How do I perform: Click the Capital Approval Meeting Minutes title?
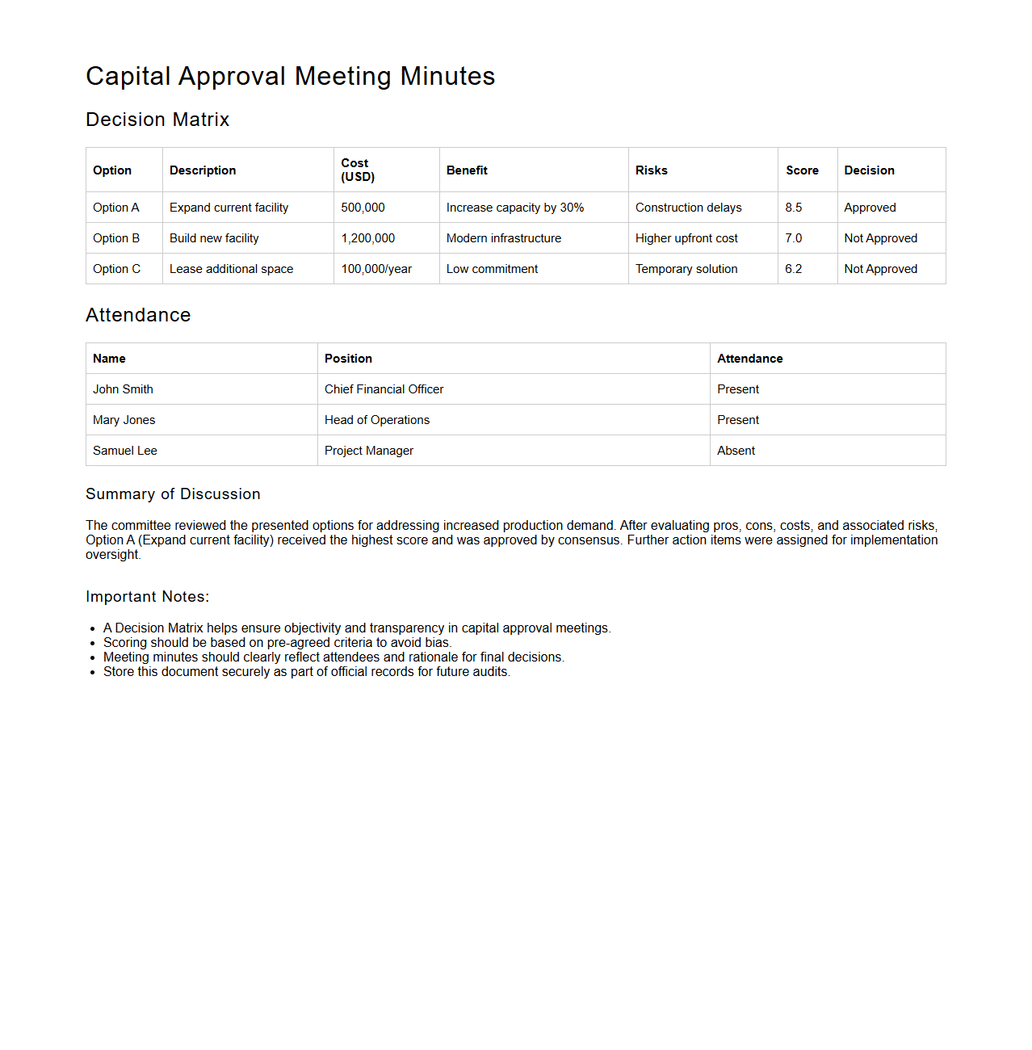pos(290,76)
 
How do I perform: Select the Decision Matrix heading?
pos(157,120)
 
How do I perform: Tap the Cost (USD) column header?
pos(358,170)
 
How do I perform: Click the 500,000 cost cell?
pos(363,208)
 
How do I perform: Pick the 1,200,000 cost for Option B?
pos(367,238)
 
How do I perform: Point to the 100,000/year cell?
pos(376,269)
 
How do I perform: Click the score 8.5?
pos(793,208)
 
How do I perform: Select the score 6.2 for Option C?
pos(793,269)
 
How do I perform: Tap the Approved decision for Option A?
pos(870,208)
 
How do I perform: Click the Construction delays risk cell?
pos(688,208)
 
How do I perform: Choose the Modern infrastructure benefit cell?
pos(503,238)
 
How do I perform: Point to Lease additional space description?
pos(231,269)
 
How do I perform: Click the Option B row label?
pos(116,238)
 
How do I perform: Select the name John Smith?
pos(123,389)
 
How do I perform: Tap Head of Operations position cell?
pos(377,420)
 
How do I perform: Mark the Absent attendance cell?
pos(736,451)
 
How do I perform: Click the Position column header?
pos(348,359)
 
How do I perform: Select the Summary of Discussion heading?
pos(173,494)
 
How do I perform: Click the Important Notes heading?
pos(147,597)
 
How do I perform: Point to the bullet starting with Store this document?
pos(306,672)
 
